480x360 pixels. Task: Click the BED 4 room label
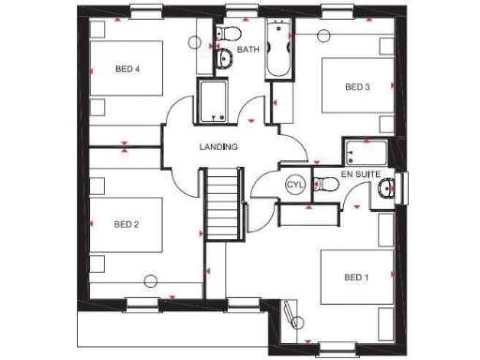tap(127, 69)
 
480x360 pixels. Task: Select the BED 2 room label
tap(127, 224)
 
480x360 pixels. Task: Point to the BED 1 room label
tap(356, 277)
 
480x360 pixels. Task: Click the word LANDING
tap(218, 147)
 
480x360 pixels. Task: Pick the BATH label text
tap(248, 49)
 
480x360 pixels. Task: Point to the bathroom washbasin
tap(225, 61)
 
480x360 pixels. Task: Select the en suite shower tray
tap(366, 153)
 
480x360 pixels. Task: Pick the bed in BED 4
tap(127, 70)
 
